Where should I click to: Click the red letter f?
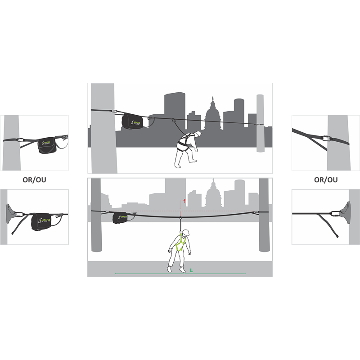pos(184,201)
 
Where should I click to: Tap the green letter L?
pos(191,270)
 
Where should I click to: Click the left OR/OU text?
pos(35,180)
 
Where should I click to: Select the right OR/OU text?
pos(326,180)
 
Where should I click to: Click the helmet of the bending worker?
pos(197,134)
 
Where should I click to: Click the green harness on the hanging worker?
pos(181,243)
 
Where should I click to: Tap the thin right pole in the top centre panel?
pos(260,126)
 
